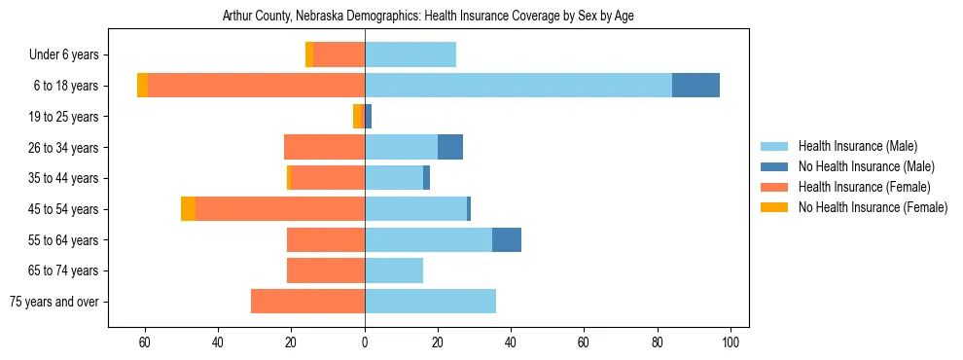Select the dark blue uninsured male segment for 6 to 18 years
[x=695, y=86]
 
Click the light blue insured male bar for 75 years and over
[x=430, y=302]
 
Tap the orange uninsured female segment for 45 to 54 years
[x=188, y=209]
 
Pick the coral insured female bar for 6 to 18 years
[x=256, y=86]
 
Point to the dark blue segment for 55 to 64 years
[x=507, y=240]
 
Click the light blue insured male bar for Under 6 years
[x=410, y=55]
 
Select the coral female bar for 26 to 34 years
[x=324, y=147]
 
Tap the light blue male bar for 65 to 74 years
[x=394, y=270]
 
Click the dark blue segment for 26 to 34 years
[x=450, y=147]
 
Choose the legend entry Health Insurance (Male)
[x=857, y=147]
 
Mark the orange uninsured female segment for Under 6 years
[x=309, y=55]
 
